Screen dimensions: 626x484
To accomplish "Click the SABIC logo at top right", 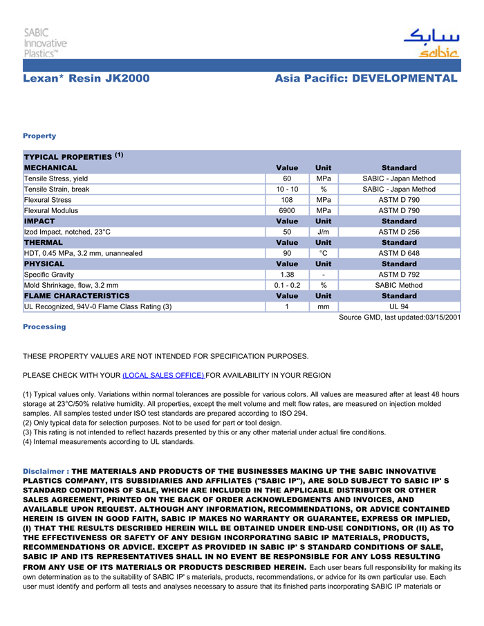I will pos(431,43).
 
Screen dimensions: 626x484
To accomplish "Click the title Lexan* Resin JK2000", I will pos(86,79).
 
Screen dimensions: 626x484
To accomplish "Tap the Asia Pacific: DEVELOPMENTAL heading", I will pos(366,79).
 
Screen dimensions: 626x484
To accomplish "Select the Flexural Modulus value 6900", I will pos(287,210).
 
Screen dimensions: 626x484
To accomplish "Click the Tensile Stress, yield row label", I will pos(56,178).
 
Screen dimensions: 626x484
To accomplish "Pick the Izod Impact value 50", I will pos(287,232).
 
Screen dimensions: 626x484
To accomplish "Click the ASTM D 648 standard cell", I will pos(399,253).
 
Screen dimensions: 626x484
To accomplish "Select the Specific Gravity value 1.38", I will pos(287,275).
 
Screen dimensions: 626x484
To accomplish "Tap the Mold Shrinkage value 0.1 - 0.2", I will pos(287,285).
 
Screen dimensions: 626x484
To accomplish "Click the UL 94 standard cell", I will pos(399,306).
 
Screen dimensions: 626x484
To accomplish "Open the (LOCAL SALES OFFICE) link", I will pos(163,375).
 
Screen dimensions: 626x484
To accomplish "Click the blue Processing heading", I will pos(44,326).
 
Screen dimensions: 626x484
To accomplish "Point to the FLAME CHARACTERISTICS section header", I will pos(77,296).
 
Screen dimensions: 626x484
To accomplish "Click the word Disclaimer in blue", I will pos(44,471).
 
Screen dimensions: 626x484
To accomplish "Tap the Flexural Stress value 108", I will pos(287,200).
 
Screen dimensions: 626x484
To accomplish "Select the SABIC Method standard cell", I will pos(399,285).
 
